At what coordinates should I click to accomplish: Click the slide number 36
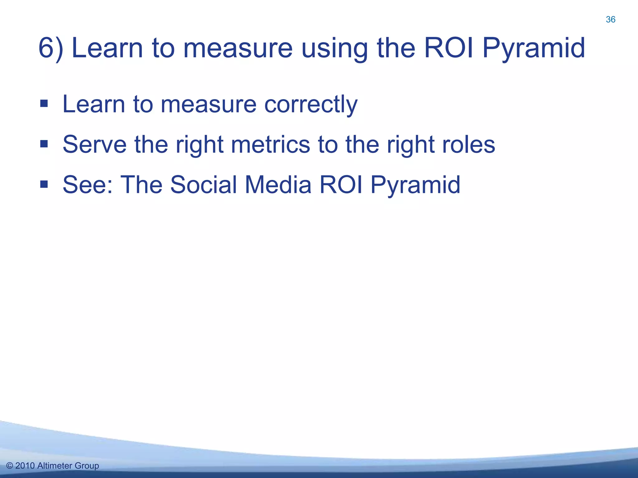[x=610, y=20]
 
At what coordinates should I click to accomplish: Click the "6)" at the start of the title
[x=50, y=48]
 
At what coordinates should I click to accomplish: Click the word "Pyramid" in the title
[x=534, y=49]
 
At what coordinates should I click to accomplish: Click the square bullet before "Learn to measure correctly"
[x=44, y=103]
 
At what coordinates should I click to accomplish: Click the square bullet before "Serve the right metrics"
[x=44, y=144]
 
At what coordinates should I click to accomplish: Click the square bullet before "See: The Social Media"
[x=44, y=185]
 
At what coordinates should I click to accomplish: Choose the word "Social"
[x=203, y=185]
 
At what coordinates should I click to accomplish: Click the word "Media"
[x=278, y=185]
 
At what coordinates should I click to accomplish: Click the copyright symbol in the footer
[x=10, y=466]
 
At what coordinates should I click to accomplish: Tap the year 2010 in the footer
[x=25, y=466]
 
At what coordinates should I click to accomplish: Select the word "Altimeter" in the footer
[x=55, y=466]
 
